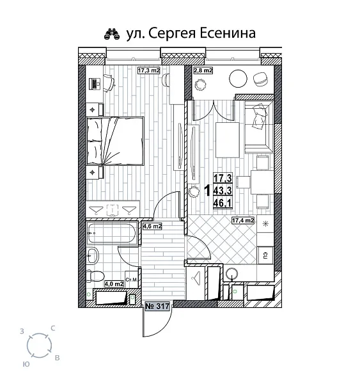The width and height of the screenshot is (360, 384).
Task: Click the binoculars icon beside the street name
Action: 111,34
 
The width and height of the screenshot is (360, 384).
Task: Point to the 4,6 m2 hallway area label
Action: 152,226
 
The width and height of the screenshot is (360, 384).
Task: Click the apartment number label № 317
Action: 159,307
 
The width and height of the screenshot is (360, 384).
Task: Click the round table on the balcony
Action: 237,79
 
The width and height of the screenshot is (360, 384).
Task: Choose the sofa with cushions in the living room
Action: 257,122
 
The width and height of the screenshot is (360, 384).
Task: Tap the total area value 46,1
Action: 222,203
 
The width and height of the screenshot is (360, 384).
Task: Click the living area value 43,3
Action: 222,190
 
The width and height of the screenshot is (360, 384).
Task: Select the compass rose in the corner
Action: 40,346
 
